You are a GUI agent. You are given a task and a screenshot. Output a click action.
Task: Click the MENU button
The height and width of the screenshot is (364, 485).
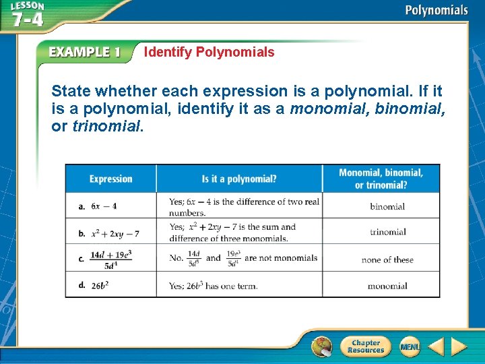point(410,346)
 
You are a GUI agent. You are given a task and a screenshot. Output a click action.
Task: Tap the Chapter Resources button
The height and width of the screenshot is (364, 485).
point(366,346)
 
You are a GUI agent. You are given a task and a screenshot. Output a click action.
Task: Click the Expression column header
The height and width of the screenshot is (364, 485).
point(111,179)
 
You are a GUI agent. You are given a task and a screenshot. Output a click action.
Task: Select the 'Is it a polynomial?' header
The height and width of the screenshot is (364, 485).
point(239,179)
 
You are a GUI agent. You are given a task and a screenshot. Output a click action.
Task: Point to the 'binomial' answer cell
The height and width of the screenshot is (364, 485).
point(387,206)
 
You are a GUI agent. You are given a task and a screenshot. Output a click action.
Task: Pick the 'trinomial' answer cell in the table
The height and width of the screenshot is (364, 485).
point(388,232)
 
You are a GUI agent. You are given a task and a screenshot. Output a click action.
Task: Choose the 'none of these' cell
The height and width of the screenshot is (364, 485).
point(387,260)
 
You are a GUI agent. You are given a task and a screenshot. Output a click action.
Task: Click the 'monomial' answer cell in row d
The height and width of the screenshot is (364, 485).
point(387,286)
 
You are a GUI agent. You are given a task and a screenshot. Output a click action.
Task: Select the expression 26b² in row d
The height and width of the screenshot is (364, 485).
point(100,286)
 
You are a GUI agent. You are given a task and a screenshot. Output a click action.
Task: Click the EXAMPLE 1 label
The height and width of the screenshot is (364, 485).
point(84,53)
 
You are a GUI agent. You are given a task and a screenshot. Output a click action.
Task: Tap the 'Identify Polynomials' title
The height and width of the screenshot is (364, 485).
point(209,52)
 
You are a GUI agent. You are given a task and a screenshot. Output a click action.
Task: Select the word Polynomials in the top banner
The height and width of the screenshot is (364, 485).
point(437,10)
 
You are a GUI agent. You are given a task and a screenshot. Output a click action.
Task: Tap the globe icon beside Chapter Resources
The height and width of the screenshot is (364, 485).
point(322,346)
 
